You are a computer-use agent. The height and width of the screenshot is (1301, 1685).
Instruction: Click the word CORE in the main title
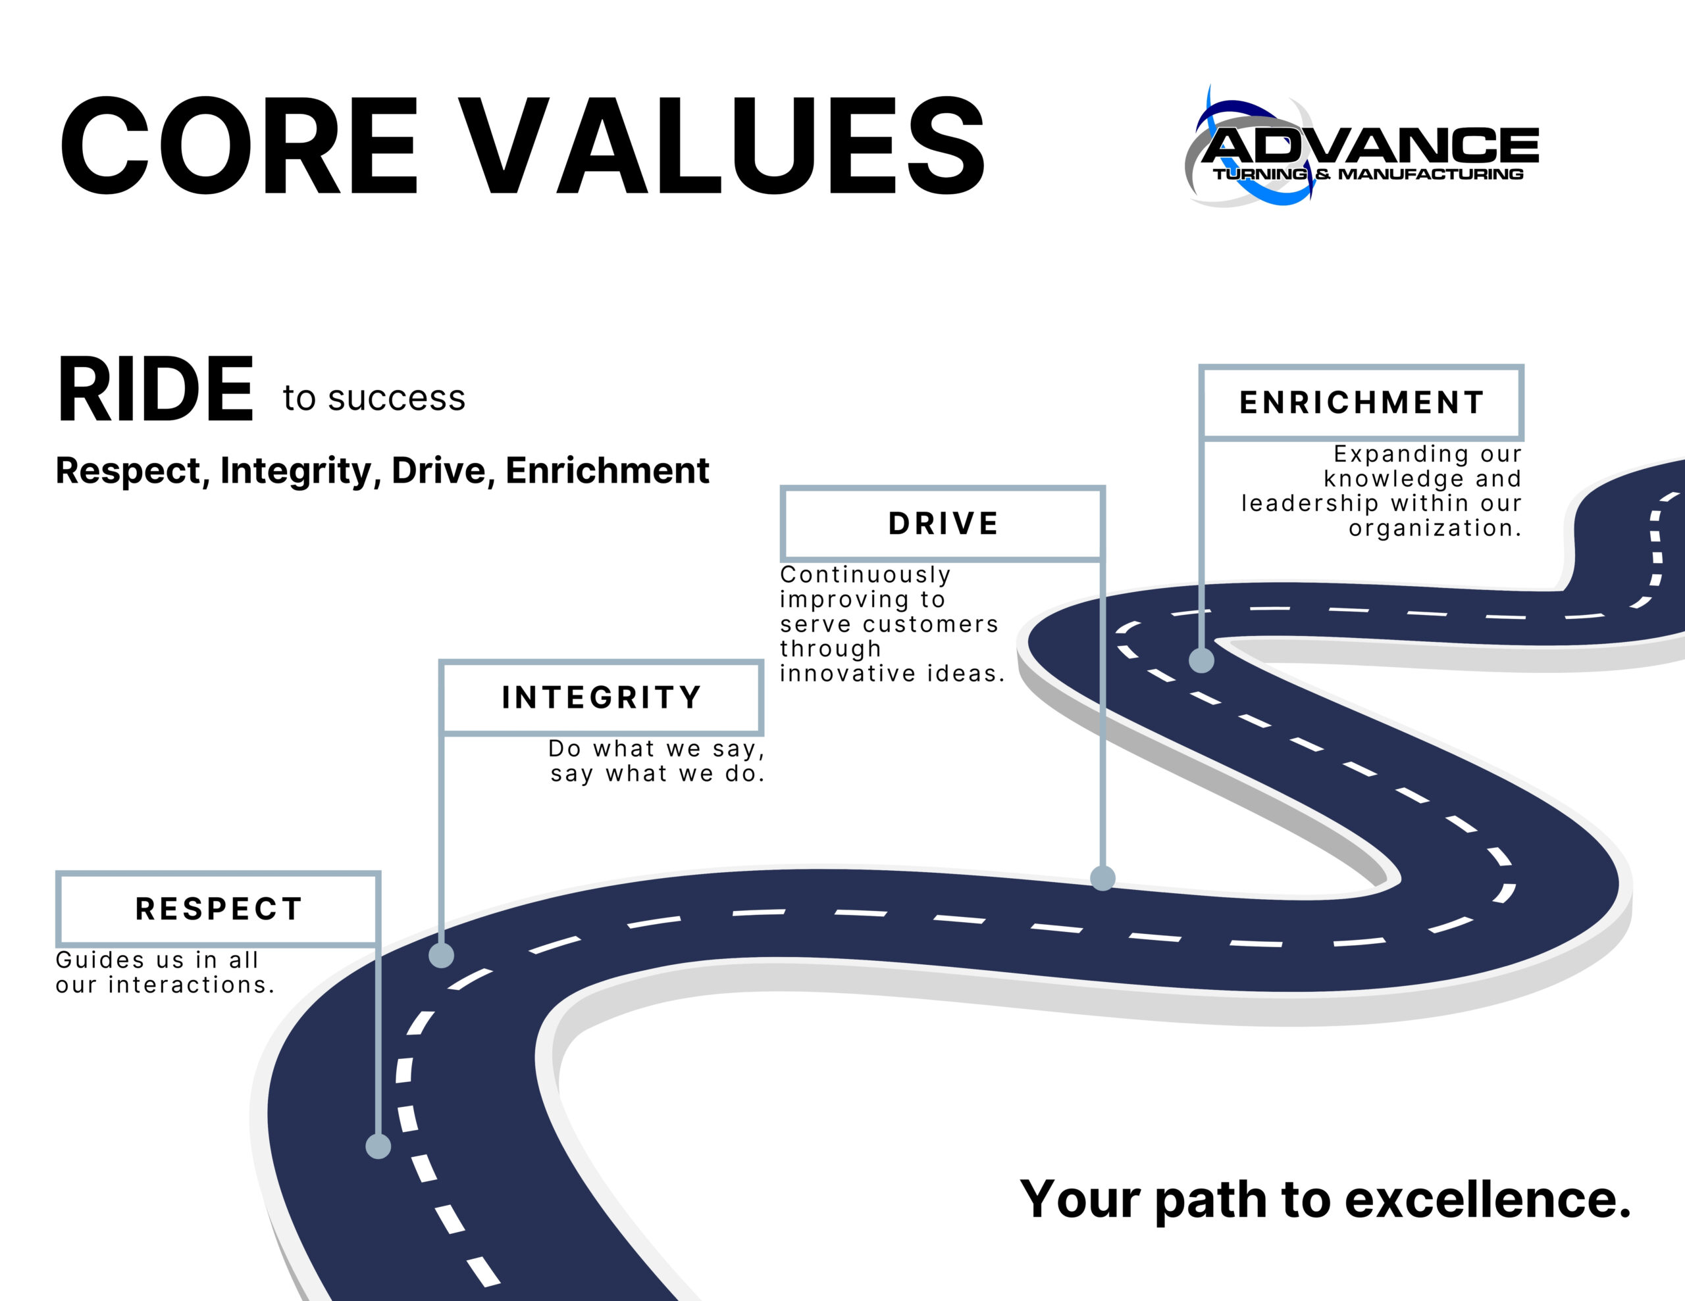coord(239,146)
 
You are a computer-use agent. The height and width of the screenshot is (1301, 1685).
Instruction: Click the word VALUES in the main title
coord(725,146)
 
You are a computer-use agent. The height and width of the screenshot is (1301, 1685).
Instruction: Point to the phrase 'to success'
coord(374,398)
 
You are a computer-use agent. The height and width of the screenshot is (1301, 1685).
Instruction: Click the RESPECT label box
coord(219,909)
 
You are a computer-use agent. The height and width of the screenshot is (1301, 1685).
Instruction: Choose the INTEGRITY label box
coord(602,697)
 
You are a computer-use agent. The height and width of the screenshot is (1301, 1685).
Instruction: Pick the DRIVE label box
coord(943,524)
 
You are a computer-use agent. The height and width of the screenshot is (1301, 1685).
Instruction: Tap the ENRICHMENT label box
coord(1362,403)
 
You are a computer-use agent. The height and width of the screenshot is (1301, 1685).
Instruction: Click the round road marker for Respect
coord(378,1146)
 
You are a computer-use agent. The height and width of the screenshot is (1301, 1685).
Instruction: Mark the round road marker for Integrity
coord(441,956)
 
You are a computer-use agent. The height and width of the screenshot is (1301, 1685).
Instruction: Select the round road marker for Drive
coord(1102,877)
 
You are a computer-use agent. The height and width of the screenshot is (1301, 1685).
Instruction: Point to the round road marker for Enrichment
coord(1201,660)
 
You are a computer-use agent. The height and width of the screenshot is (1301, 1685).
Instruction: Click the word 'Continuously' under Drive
coord(866,576)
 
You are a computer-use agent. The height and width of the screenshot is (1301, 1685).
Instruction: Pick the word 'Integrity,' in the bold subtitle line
coord(301,471)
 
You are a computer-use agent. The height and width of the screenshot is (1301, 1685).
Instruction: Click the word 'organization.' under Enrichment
coord(1435,528)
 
